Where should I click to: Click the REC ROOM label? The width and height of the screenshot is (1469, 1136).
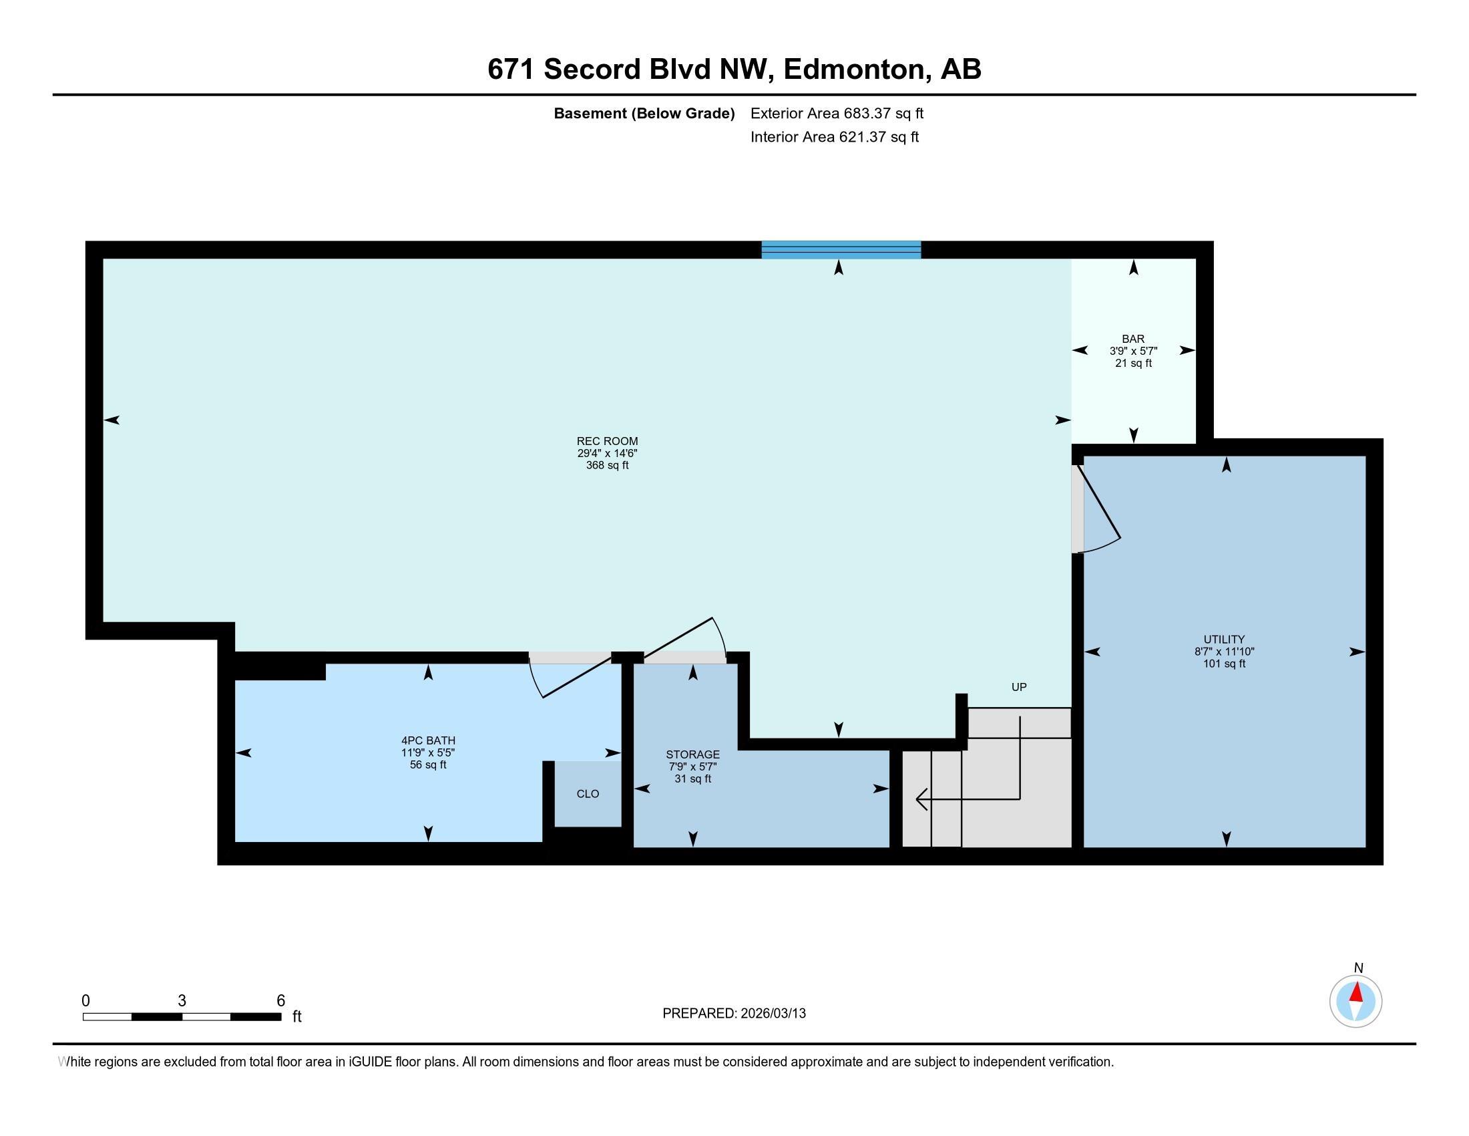click(x=607, y=442)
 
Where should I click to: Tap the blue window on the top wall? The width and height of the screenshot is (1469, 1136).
click(x=841, y=250)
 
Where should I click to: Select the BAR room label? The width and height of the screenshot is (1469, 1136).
click(x=1133, y=339)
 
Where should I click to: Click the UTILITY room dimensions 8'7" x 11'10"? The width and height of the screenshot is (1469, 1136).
click(x=1224, y=652)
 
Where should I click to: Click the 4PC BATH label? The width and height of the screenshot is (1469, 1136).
click(x=429, y=740)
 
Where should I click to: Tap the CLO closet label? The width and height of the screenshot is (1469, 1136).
click(x=588, y=794)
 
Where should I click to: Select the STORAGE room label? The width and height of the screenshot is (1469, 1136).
click(x=693, y=754)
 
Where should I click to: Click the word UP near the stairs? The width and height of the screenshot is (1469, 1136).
click(x=1019, y=687)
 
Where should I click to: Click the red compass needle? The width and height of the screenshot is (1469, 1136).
click(x=1357, y=992)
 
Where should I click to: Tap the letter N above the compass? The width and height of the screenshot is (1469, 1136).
click(x=1358, y=968)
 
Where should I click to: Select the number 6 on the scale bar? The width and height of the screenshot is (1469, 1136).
click(x=281, y=1001)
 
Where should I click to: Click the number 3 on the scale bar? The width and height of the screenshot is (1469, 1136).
click(x=182, y=1001)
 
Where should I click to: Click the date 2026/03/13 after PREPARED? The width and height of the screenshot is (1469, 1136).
click(x=772, y=1014)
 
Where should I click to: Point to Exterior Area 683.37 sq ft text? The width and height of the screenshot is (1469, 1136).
click(x=837, y=114)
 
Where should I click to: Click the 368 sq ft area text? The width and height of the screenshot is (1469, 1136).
click(x=607, y=465)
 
